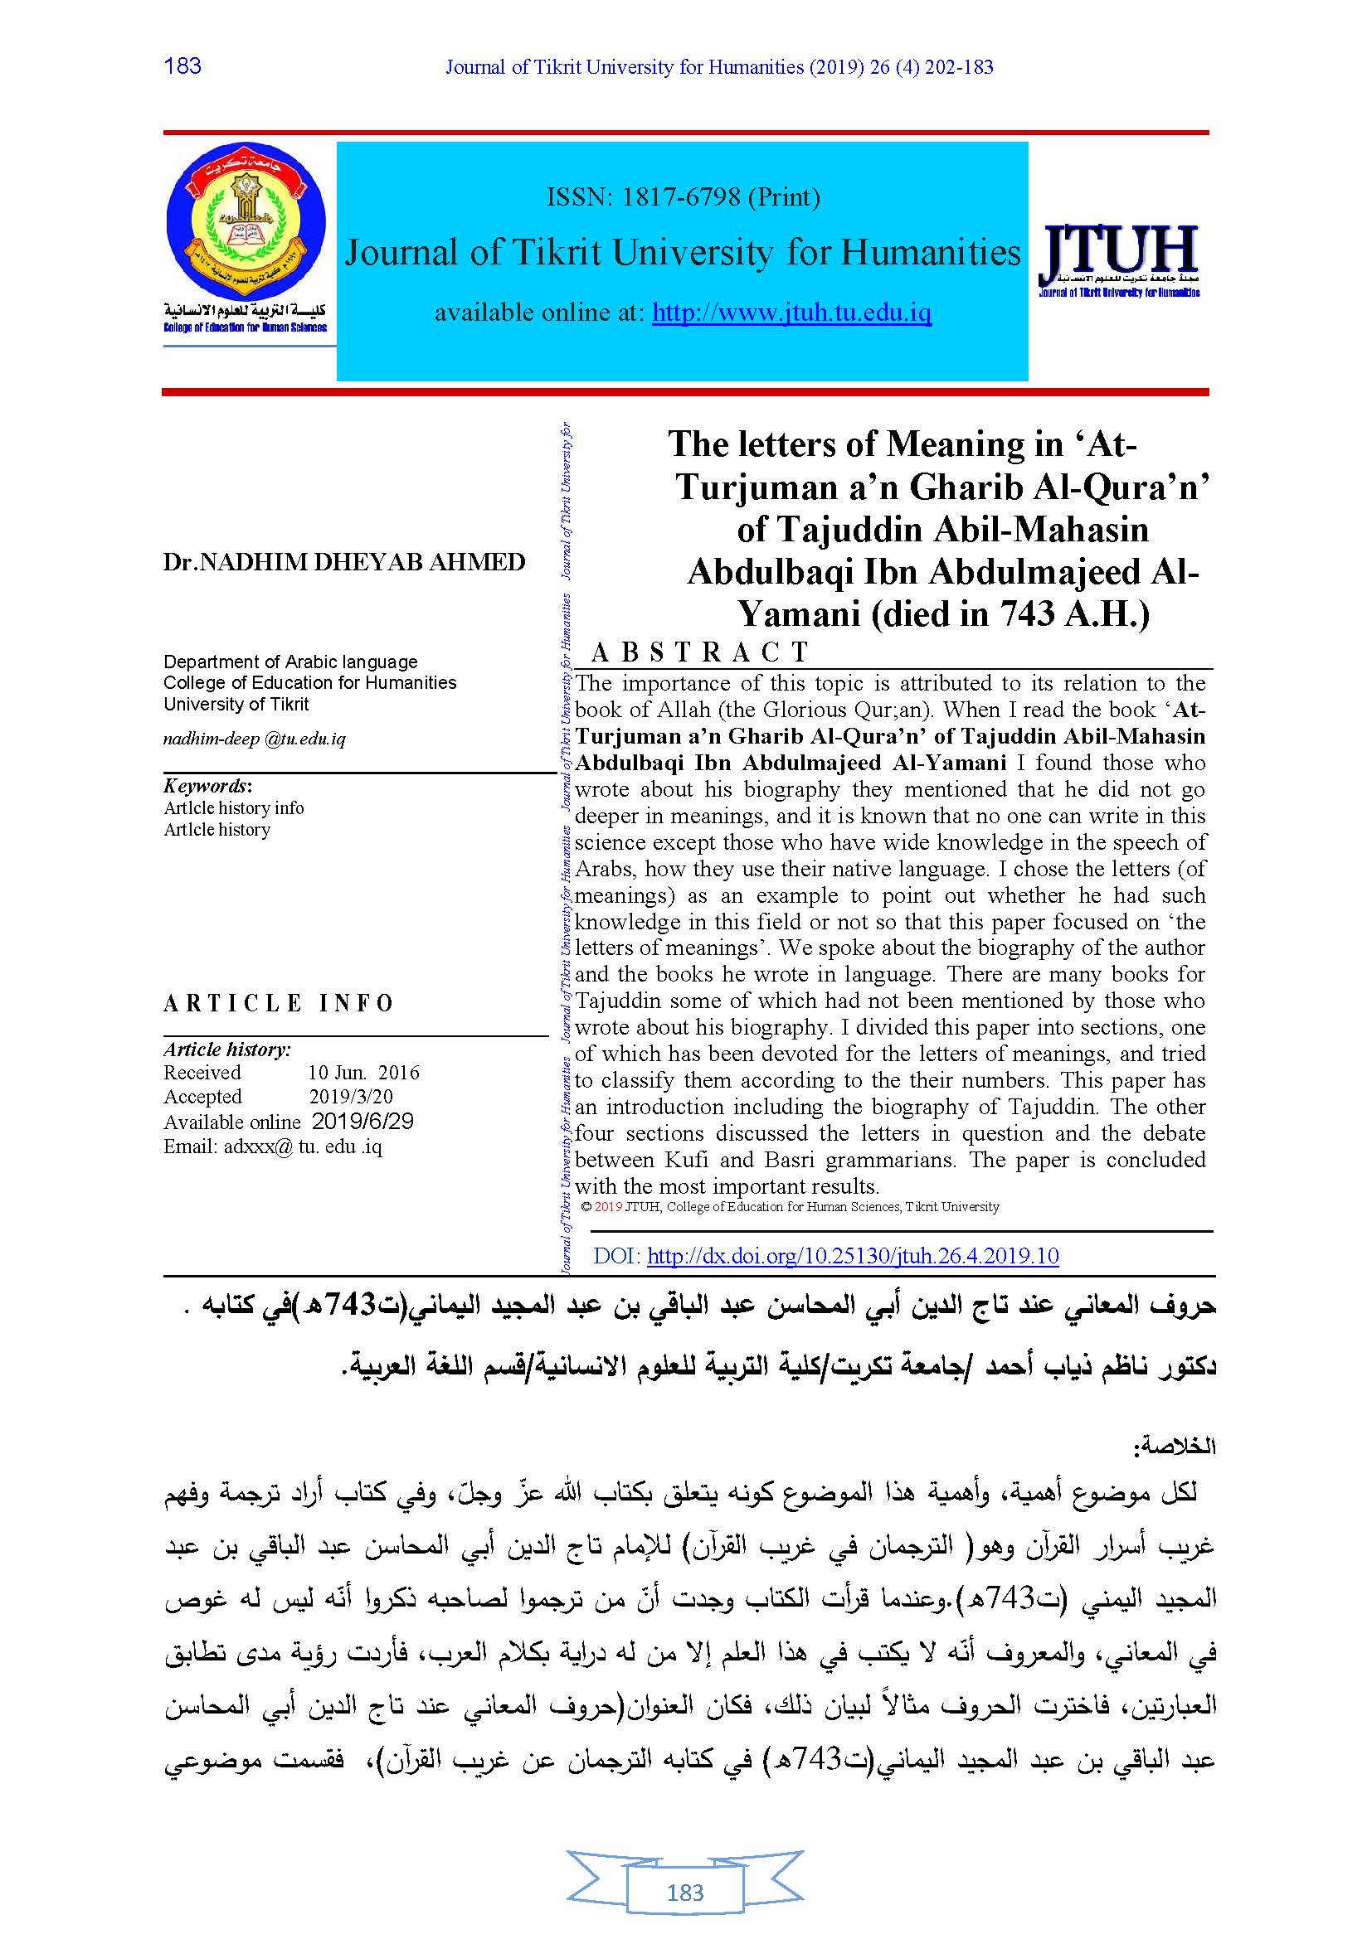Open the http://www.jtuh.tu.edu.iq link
(x=791, y=313)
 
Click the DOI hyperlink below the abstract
(x=853, y=1256)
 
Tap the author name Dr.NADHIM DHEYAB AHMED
(x=344, y=562)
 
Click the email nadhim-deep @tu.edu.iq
(x=255, y=739)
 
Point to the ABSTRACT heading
(x=700, y=652)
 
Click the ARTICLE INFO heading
(x=279, y=1003)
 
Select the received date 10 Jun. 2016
(x=363, y=1073)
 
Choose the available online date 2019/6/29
(x=362, y=1122)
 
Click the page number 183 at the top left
(x=182, y=65)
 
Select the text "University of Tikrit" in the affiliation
(x=236, y=705)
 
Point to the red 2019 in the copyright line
(x=608, y=1207)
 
